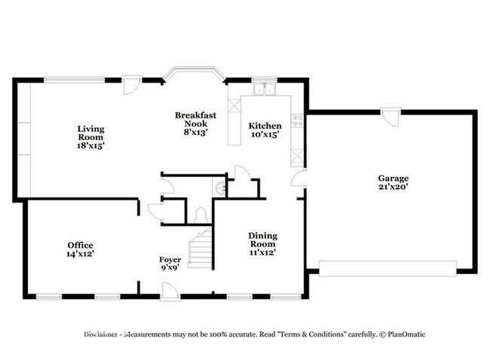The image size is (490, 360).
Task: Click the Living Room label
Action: [90, 133]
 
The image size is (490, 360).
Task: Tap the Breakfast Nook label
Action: [195, 119]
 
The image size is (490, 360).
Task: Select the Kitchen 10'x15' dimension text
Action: [265, 135]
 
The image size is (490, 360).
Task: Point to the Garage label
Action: [393, 178]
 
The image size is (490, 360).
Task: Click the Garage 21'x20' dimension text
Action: [393, 187]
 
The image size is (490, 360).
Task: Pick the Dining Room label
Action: [263, 239]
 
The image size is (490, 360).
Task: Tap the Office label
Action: [81, 245]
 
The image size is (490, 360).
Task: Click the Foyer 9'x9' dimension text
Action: [170, 267]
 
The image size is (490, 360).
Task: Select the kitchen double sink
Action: [265, 89]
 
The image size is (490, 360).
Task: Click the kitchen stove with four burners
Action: [298, 121]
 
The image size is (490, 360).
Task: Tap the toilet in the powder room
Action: [200, 215]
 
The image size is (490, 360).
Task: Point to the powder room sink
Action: [219, 188]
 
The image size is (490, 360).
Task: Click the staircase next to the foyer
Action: [201, 249]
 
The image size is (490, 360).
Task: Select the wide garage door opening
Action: [387, 269]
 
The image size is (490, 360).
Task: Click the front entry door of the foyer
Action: [170, 291]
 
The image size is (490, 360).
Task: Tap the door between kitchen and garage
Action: [299, 178]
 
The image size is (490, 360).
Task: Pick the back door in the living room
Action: [132, 84]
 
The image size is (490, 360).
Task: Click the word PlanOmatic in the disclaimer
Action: [406, 334]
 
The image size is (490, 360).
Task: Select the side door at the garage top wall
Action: [390, 117]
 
